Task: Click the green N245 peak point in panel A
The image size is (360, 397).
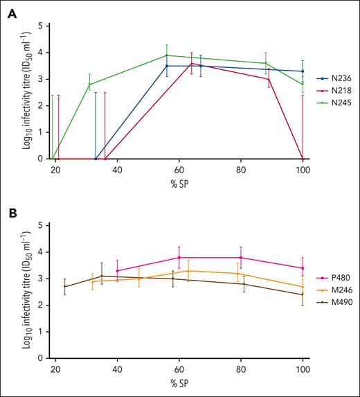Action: pyautogui.click(x=166, y=55)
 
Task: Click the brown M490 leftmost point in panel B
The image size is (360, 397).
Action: pyautogui.click(x=65, y=287)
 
